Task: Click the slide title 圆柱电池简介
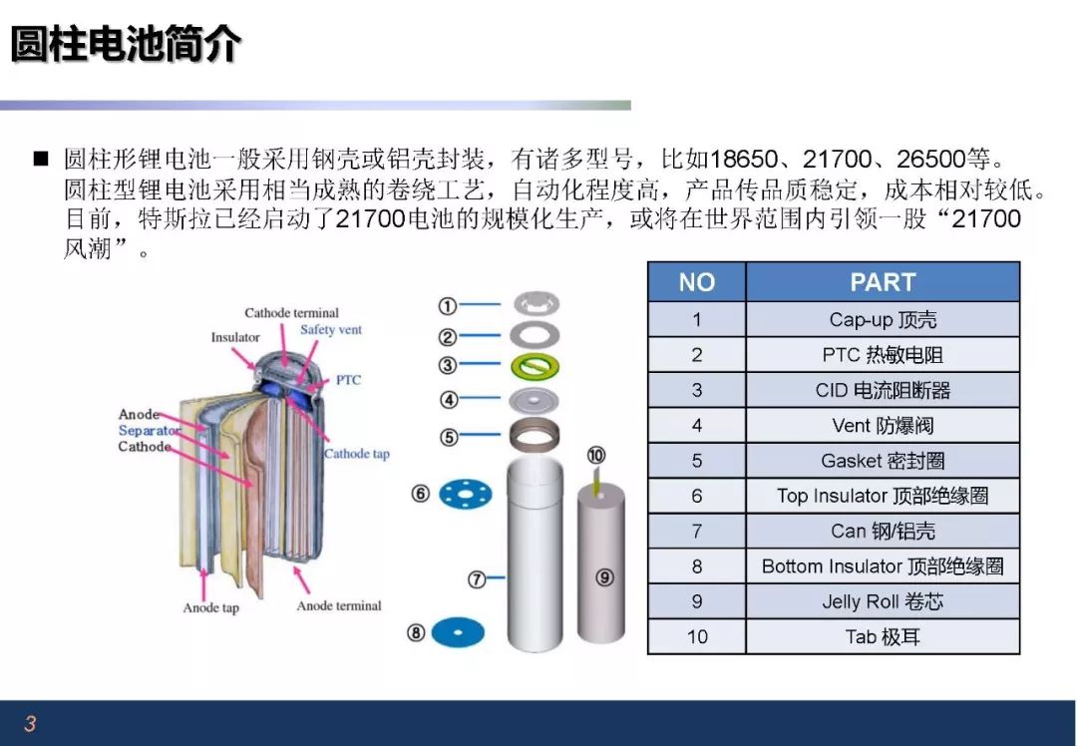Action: click(x=126, y=44)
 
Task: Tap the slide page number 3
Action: click(x=30, y=723)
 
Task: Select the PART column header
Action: click(x=882, y=282)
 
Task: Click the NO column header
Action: click(x=696, y=282)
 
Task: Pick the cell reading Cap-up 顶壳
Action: click(x=882, y=320)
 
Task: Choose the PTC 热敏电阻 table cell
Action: click(x=882, y=355)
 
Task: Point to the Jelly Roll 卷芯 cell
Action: click(x=882, y=601)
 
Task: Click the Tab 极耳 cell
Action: click(x=882, y=636)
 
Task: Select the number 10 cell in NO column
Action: click(x=696, y=636)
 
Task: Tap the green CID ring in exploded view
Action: click(x=536, y=366)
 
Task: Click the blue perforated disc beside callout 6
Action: click(x=466, y=494)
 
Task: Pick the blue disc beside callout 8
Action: click(x=458, y=632)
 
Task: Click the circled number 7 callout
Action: click(x=478, y=578)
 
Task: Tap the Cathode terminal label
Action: click(x=291, y=313)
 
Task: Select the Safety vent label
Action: click(x=331, y=330)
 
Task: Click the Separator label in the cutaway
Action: click(x=150, y=431)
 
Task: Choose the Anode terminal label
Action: click(x=339, y=605)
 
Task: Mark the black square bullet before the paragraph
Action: click(x=41, y=159)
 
